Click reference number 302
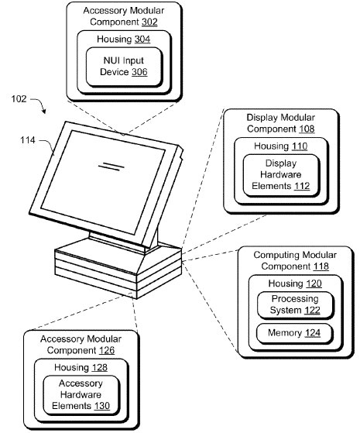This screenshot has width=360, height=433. (x=149, y=22)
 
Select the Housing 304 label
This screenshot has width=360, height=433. (x=123, y=40)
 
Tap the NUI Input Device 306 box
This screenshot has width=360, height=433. (x=124, y=67)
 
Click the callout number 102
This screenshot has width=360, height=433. (x=19, y=99)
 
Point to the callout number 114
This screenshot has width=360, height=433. (x=28, y=140)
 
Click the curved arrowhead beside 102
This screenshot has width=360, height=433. (x=43, y=111)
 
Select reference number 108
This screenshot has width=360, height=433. (x=307, y=129)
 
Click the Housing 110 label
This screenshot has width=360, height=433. (x=281, y=146)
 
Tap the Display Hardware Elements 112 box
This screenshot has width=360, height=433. (x=281, y=175)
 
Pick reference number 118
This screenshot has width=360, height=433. (x=321, y=266)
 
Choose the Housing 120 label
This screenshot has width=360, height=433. (x=295, y=284)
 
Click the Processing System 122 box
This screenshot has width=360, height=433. (x=295, y=305)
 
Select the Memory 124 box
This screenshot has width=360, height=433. (x=294, y=333)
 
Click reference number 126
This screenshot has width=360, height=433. (x=107, y=350)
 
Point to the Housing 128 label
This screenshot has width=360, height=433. (x=81, y=368)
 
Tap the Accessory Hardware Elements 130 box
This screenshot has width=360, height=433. (x=81, y=395)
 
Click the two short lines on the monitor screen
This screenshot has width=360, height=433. (x=111, y=167)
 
